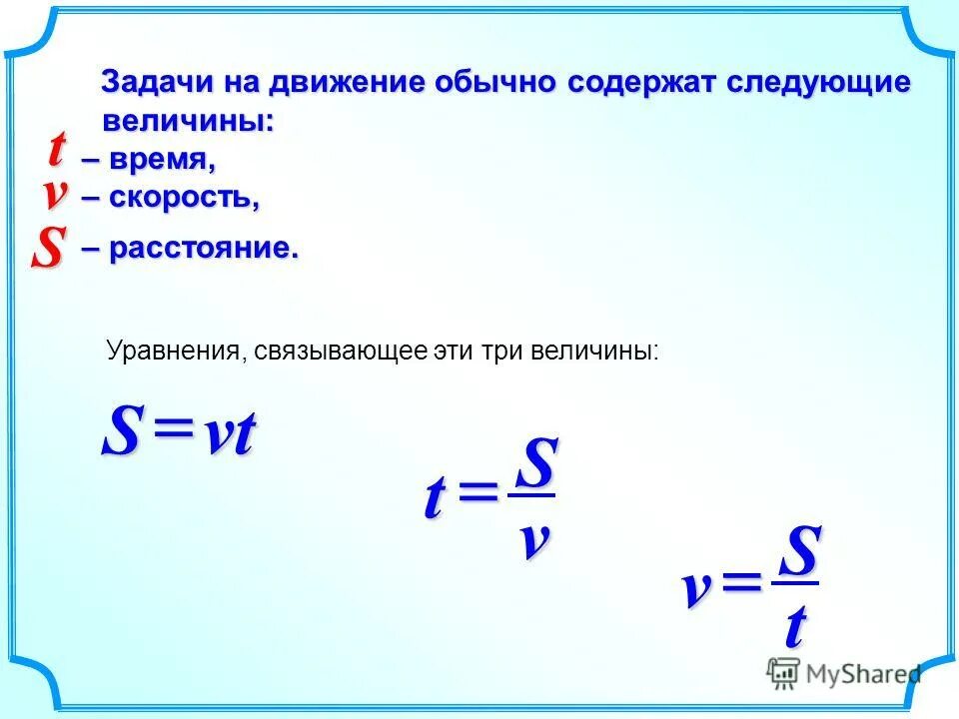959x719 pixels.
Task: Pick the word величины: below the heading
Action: (x=188, y=121)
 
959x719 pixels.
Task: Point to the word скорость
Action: (x=184, y=198)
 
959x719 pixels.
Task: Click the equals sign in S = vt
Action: (x=173, y=433)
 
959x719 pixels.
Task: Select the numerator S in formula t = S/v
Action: (x=537, y=464)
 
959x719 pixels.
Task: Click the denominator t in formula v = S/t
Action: (x=795, y=627)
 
